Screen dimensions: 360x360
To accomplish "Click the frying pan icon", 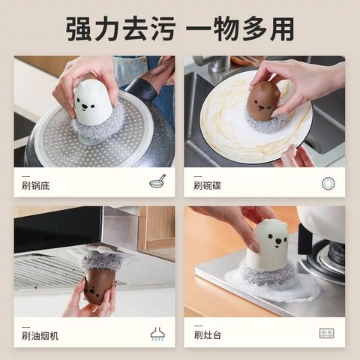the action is tap(157, 181).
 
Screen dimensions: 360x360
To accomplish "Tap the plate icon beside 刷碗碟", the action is tap(328, 184).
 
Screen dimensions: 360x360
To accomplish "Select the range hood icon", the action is tap(157, 334).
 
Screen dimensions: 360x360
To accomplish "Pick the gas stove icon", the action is tap(327, 334).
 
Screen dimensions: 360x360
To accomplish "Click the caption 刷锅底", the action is tap(35, 186).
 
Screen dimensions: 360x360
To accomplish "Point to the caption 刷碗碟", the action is tap(207, 186).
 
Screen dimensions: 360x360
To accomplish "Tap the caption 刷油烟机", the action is tap(40, 336).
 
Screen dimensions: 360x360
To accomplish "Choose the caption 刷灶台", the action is tap(208, 335).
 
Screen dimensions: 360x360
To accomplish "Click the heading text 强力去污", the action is tap(121, 28).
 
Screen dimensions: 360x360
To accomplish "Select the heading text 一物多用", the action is tap(240, 28).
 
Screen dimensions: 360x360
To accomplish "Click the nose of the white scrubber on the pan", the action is tap(85, 106).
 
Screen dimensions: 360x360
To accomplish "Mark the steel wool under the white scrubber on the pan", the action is tap(100, 127).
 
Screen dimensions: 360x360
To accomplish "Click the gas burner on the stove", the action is tap(325, 257).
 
